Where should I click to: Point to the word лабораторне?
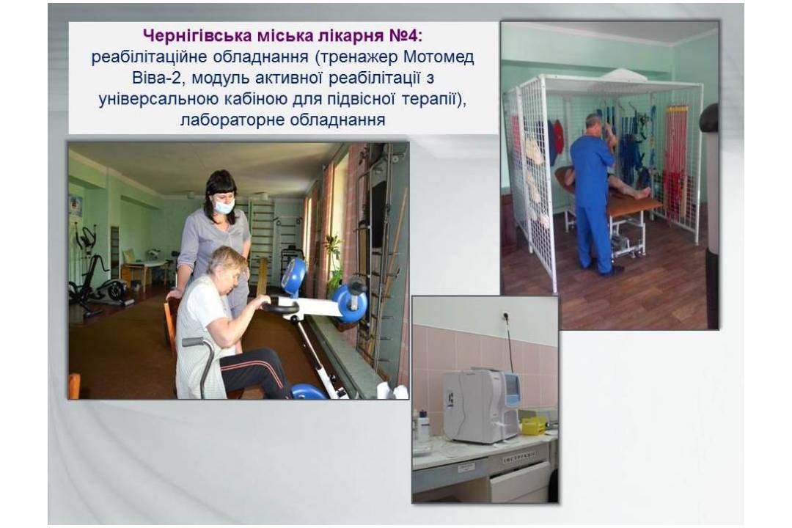click(230, 120)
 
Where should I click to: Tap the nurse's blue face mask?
click(223, 206)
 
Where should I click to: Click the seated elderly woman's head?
click(228, 264)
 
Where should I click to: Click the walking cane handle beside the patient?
click(199, 342)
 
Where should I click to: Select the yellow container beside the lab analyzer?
click(534, 425)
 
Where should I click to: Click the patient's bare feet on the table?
click(642, 193)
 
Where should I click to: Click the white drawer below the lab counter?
click(520, 482)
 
